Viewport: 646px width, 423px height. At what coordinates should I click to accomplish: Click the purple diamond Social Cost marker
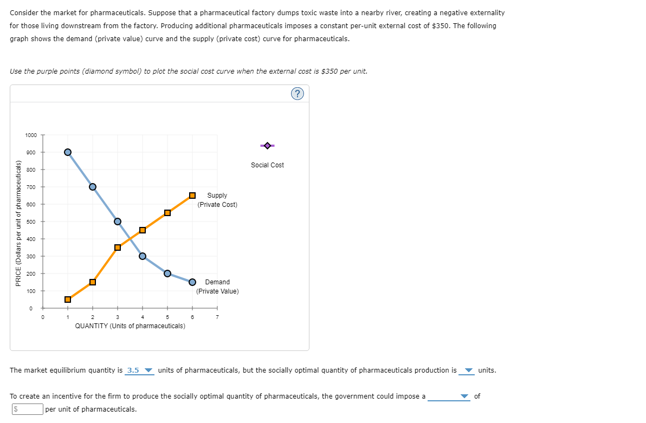pyautogui.click(x=267, y=145)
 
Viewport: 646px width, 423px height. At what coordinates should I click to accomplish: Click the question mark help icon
pyautogui.click(x=297, y=94)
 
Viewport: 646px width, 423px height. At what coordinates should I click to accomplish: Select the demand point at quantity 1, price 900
pyautogui.click(x=68, y=152)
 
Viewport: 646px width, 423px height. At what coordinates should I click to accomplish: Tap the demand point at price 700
pyautogui.click(x=93, y=187)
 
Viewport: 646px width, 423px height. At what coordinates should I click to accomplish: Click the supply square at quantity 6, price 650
pyautogui.click(x=192, y=195)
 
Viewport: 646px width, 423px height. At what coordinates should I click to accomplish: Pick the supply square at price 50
pyautogui.click(x=68, y=300)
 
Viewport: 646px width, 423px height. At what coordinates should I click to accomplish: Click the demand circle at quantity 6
pyautogui.click(x=192, y=282)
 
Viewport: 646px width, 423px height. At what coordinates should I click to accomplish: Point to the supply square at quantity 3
pyautogui.click(x=118, y=248)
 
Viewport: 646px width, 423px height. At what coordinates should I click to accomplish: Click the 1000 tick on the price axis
pyautogui.click(x=31, y=135)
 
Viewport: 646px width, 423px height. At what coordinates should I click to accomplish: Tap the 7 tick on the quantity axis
pyautogui.click(x=217, y=317)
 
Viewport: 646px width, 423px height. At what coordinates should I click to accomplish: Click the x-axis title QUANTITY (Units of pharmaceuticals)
pyautogui.click(x=130, y=326)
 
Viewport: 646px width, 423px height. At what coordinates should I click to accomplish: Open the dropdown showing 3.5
pyautogui.click(x=140, y=370)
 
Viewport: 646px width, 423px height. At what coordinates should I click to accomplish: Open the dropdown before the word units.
pyautogui.click(x=467, y=370)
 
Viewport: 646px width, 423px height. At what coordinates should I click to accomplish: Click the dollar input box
pyautogui.click(x=27, y=409)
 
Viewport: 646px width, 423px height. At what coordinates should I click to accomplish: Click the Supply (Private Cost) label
pyautogui.click(x=217, y=200)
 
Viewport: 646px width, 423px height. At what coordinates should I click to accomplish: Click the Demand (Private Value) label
pyautogui.click(x=217, y=287)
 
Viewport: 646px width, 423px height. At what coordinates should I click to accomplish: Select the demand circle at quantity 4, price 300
pyautogui.click(x=143, y=256)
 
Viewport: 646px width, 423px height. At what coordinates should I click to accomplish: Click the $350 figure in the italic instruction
pyautogui.click(x=331, y=71)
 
